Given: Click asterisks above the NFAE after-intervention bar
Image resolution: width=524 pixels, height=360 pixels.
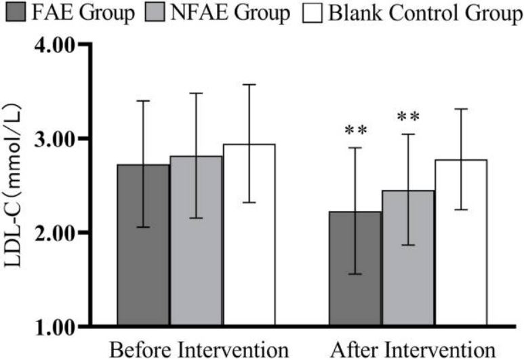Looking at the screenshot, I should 408,117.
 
